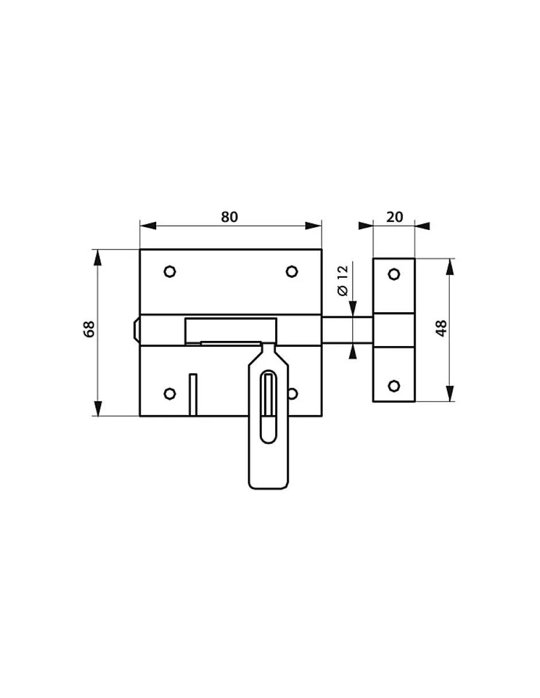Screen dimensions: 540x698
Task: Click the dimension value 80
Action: (x=229, y=217)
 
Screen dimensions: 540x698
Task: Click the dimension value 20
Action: (x=394, y=217)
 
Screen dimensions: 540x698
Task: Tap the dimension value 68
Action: (x=89, y=329)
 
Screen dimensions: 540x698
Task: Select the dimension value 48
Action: (x=441, y=328)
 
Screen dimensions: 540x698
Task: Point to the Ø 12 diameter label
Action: (x=343, y=280)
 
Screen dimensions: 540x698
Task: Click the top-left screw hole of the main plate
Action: (x=169, y=271)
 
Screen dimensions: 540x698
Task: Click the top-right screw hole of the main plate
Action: (x=292, y=271)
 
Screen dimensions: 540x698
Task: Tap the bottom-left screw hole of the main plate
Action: (x=169, y=393)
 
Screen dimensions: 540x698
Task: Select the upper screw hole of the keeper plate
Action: (x=394, y=274)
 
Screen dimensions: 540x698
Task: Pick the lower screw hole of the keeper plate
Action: (x=394, y=386)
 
